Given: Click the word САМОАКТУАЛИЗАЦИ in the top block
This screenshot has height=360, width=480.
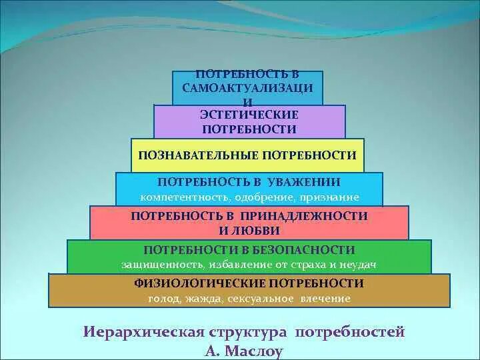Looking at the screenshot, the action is click(x=248, y=88).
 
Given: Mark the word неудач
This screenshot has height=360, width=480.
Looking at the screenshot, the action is click(x=357, y=265).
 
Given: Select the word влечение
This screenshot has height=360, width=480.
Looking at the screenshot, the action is click(x=327, y=299).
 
